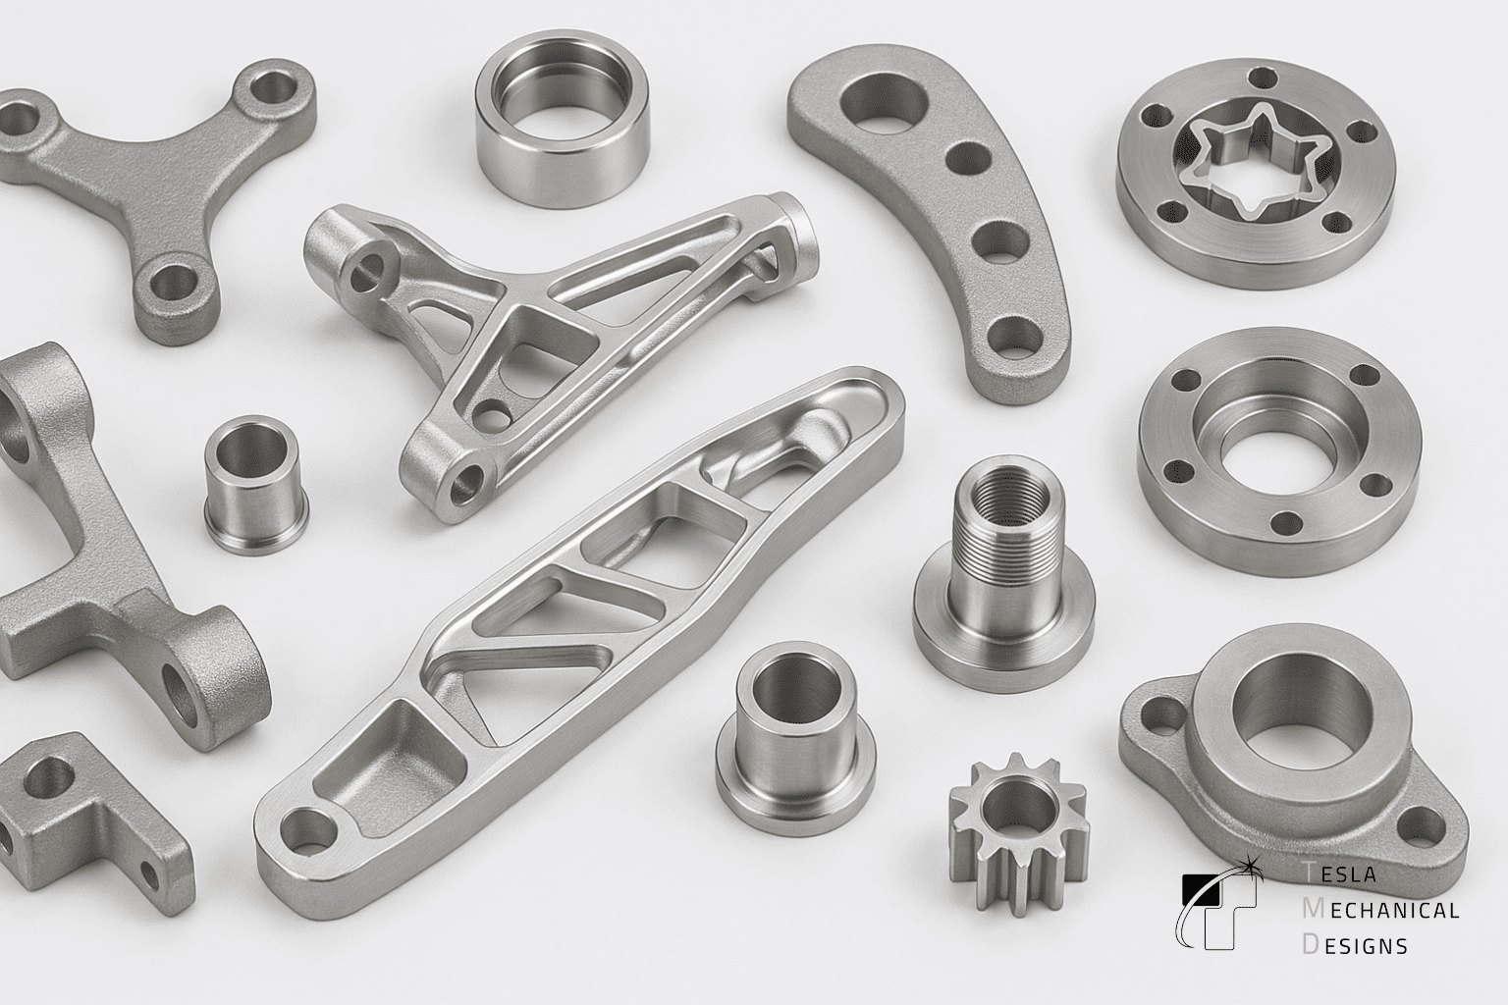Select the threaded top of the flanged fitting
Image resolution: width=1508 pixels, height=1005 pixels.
(1010, 502)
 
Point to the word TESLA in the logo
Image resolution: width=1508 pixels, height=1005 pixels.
(1340, 873)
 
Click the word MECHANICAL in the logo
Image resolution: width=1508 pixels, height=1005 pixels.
(1380, 910)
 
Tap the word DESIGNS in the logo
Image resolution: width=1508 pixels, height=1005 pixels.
(1355, 945)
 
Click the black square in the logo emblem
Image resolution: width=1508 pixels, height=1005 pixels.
(1202, 886)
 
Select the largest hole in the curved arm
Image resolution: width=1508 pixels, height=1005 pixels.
(884, 108)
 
